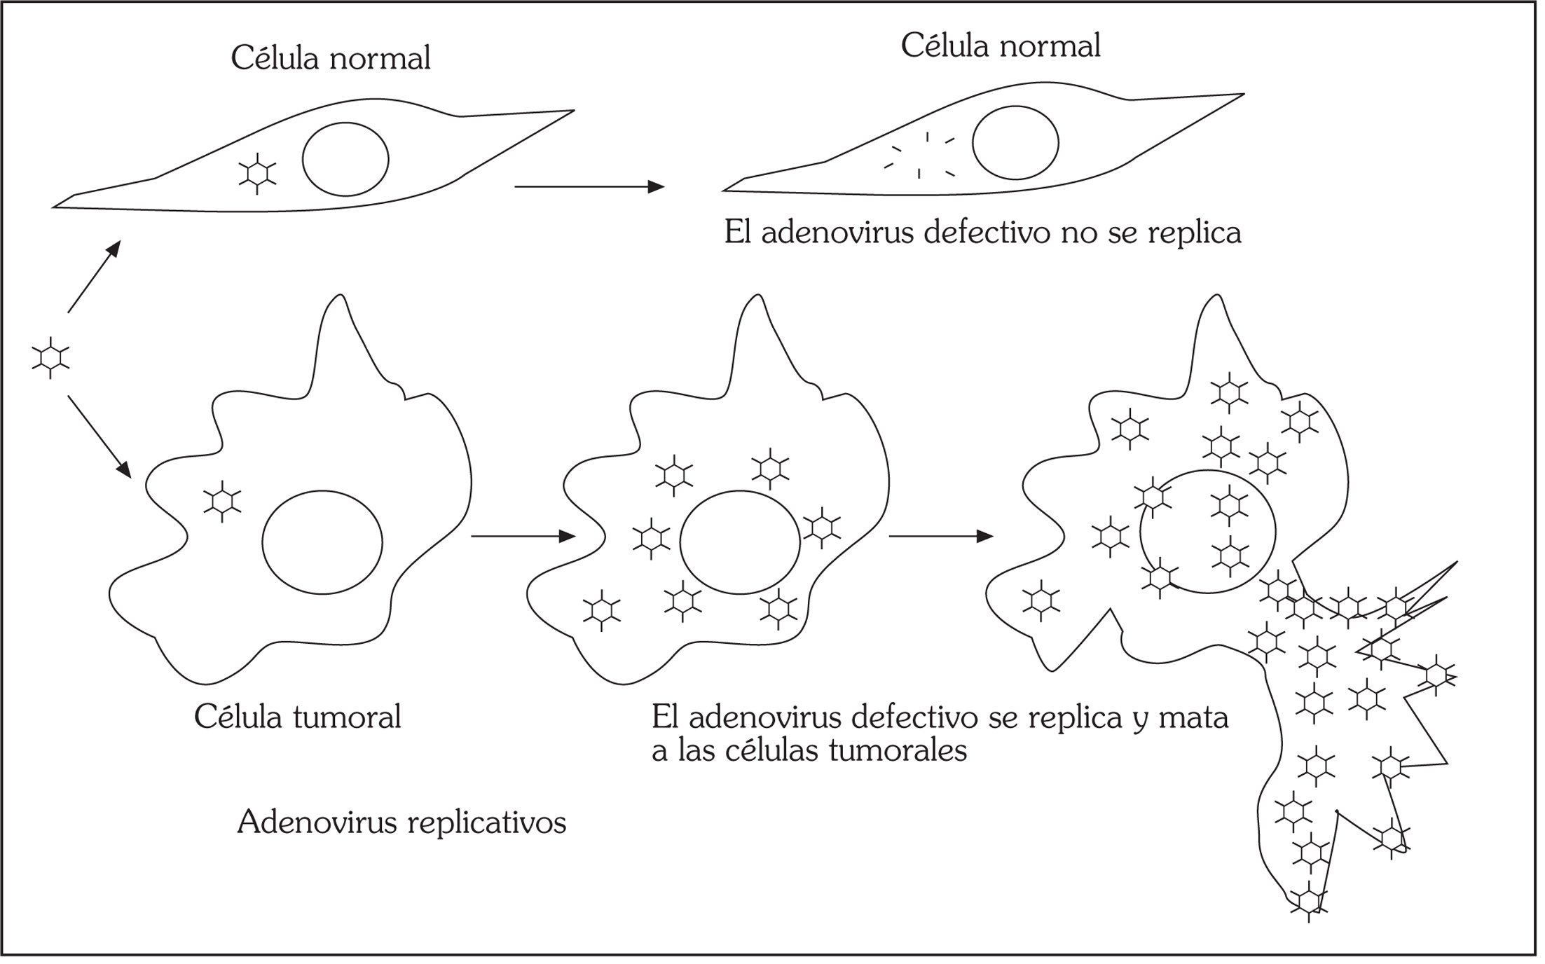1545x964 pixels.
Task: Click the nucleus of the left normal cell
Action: [x=345, y=159]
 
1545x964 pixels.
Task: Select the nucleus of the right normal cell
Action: [x=1015, y=143]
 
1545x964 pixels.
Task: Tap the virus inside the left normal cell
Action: [x=257, y=173]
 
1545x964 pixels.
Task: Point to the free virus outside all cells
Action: [x=50, y=357]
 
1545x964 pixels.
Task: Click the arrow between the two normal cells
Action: [x=589, y=187]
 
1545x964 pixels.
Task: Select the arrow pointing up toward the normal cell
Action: [x=95, y=276]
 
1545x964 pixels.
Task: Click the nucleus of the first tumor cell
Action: [x=322, y=542]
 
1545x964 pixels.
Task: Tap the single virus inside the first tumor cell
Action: [x=222, y=501]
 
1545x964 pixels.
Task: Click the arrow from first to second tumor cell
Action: [x=523, y=537]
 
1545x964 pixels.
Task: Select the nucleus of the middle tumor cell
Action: [x=740, y=542]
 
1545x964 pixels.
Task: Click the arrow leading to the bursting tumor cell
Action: [x=940, y=537]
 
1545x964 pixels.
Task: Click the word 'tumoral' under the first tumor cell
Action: [x=347, y=717]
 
